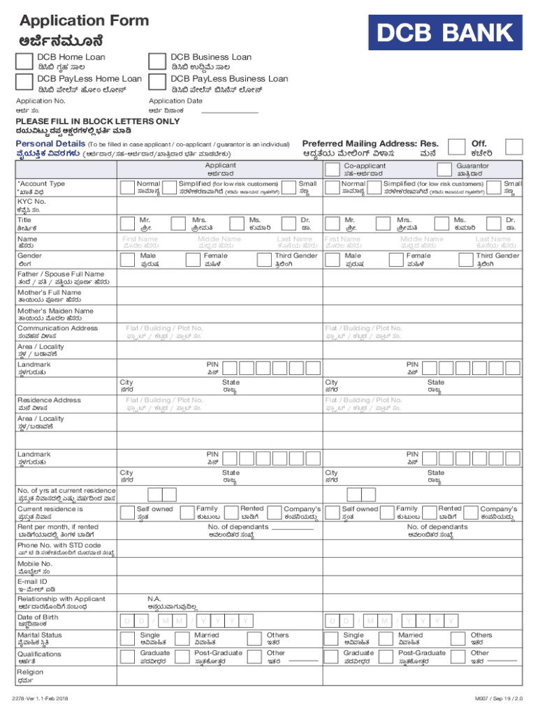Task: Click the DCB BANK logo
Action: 446,32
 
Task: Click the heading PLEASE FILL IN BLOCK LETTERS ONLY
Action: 98,121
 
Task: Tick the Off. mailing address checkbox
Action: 514,147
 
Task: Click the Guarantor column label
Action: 472,166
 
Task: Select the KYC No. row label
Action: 31,201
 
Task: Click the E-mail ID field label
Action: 33,581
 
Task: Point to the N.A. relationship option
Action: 154,598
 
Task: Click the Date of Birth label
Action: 38,617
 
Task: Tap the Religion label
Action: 30,672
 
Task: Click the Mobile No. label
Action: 35,563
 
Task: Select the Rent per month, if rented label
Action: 58,527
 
